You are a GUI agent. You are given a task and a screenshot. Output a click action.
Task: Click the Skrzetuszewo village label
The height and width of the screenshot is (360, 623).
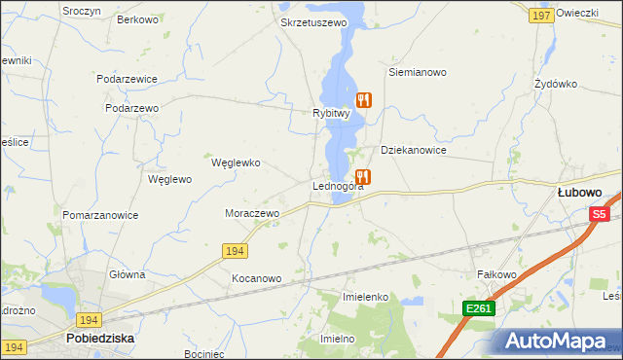tap(312, 22)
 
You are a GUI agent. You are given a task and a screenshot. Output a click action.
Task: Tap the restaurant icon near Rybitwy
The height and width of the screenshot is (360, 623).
tap(364, 99)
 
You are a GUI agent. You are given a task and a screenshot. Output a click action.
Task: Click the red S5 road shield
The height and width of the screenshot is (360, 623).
tap(599, 214)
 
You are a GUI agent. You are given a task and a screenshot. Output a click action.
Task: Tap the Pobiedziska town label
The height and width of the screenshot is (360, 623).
tap(99, 339)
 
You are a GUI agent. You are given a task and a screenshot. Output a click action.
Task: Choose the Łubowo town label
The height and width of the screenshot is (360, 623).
tap(578, 193)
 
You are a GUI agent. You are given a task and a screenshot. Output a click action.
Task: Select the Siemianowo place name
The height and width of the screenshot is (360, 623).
tap(417, 72)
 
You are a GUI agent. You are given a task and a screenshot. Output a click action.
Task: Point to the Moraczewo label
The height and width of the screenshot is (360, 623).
tap(252, 213)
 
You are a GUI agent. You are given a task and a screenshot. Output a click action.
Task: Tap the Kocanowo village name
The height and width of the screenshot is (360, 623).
tap(256, 278)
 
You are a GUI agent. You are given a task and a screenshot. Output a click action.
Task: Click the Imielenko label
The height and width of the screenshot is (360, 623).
tap(366, 296)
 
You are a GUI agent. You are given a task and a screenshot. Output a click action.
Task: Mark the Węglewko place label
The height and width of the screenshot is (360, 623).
tap(236, 163)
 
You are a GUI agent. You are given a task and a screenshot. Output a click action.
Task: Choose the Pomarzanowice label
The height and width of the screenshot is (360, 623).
tap(100, 215)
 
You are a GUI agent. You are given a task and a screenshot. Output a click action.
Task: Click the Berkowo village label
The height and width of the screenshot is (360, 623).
tap(137, 19)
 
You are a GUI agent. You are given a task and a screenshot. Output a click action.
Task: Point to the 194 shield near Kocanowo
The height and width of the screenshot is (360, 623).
tap(234, 251)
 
